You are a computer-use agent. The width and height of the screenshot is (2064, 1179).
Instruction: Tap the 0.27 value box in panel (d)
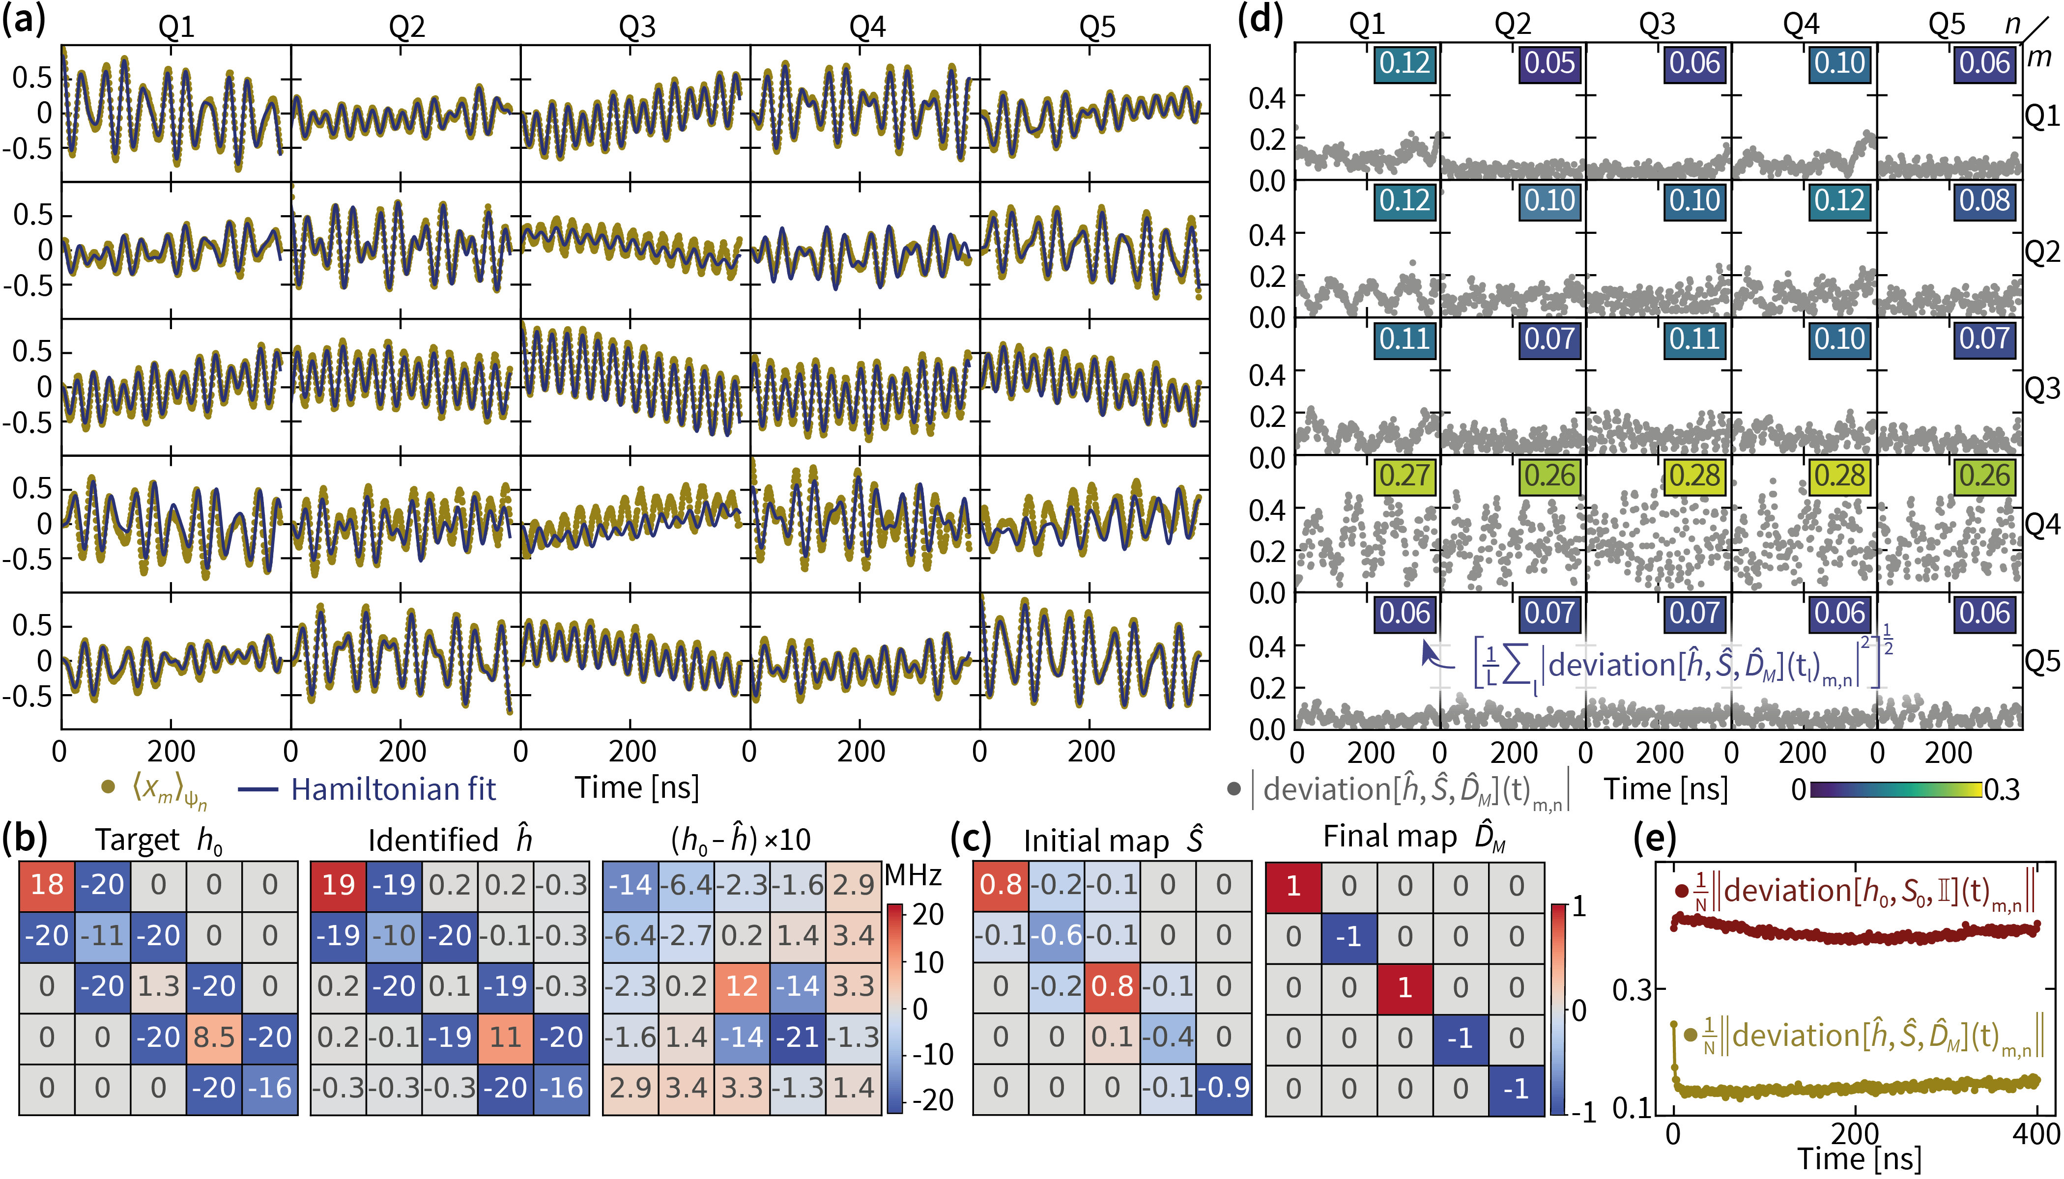click(x=1405, y=476)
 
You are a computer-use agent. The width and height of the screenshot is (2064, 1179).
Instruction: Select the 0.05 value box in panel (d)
click(x=1549, y=63)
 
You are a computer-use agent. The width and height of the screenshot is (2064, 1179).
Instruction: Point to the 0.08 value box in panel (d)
click(x=1984, y=201)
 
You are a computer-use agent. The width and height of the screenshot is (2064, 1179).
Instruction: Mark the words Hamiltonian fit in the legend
click(x=394, y=789)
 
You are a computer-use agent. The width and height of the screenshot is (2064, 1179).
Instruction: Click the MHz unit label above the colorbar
click(x=913, y=875)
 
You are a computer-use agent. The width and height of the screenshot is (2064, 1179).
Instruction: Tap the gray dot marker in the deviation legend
click(x=1233, y=788)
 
